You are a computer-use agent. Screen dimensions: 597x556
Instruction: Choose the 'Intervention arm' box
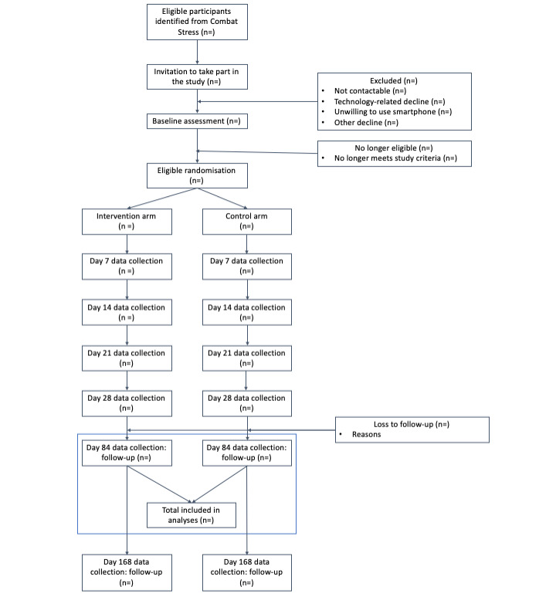[125, 222]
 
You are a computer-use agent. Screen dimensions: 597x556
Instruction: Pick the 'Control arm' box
[246, 222]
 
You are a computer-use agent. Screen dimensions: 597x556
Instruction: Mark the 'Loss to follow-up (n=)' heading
[412, 423]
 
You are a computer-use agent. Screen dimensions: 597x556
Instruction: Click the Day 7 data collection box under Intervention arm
[125, 266]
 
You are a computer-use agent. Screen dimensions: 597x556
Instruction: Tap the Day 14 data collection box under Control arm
[246, 312]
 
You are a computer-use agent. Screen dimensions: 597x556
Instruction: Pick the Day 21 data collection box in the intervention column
[125, 358]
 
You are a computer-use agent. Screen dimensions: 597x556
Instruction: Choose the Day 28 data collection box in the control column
[246, 402]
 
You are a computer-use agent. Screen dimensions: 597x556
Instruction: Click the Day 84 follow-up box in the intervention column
[125, 453]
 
